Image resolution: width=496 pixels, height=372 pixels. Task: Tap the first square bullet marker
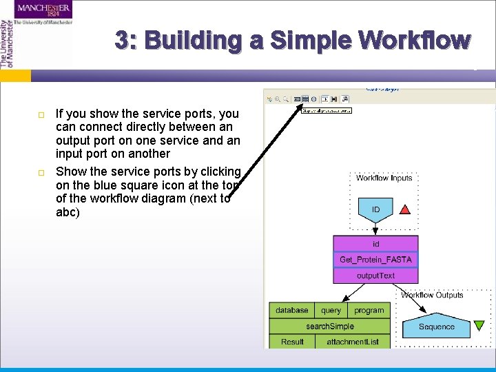click(41, 114)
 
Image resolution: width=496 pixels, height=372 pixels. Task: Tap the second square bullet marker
click(41, 172)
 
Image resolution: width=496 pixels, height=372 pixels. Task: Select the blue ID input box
click(375, 209)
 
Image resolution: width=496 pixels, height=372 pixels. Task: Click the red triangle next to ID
click(405, 209)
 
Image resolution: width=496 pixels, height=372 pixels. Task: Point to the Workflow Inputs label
click(384, 178)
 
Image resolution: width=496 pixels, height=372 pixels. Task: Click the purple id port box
click(375, 244)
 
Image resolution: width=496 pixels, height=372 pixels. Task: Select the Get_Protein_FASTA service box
click(375, 260)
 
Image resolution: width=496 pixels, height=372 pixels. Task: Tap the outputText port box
click(375, 276)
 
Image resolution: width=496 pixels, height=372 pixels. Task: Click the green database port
click(292, 311)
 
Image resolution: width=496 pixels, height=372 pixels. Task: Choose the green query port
click(331, 311)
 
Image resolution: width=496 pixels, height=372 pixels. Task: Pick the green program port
click(369, 311)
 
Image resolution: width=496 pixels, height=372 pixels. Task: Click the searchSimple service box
click(330, 326)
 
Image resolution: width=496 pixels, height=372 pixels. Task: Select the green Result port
click(292, 342)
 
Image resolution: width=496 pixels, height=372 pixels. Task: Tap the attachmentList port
click(353, 342)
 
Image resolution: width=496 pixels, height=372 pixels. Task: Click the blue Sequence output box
click(437, 327)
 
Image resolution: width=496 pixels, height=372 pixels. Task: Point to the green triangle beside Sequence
click(478, 326)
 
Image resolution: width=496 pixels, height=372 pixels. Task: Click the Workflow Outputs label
click(433, 295)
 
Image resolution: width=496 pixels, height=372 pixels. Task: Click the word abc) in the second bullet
click(68, 213)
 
